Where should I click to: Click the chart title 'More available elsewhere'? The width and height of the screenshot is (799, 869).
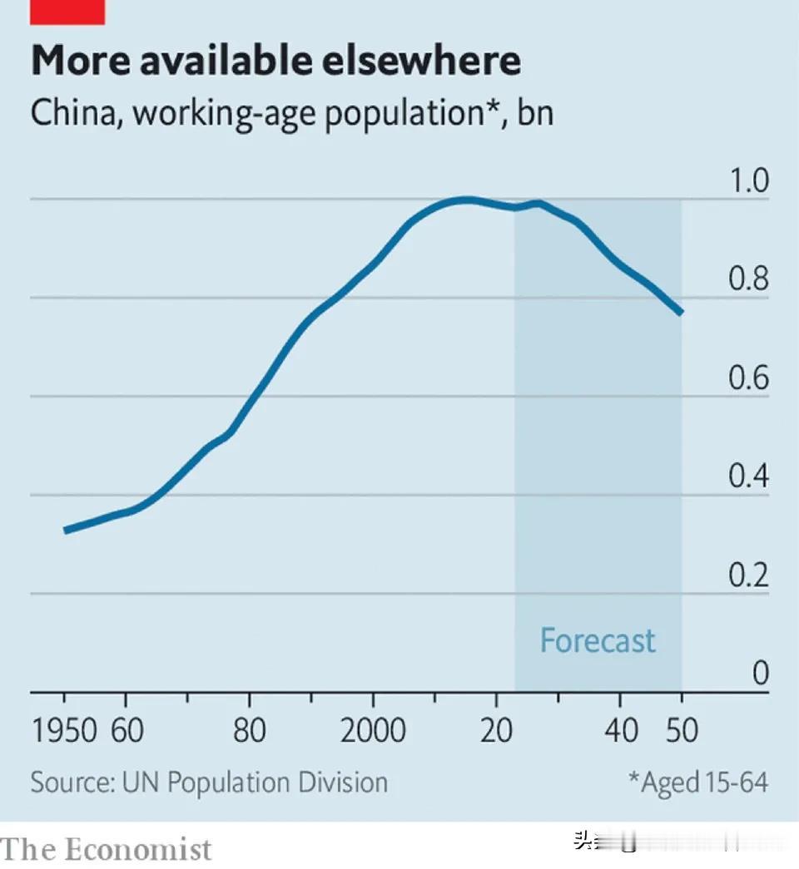[x=275, y=61]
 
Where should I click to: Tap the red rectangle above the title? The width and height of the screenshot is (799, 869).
[x=67, y=12]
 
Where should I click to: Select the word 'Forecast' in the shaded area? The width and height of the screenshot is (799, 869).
[x=598, y=641]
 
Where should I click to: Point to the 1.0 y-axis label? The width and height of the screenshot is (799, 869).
[x=749, y=182]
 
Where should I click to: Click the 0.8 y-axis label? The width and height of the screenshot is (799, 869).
[x=749, y=280]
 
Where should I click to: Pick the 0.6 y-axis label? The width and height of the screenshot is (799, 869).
[x=749, y=379]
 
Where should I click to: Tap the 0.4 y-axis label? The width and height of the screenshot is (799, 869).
[x=749, y=477]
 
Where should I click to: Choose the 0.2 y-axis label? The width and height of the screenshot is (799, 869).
[x=749, y=575]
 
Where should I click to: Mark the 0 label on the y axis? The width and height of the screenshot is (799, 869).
[x=760, y=674]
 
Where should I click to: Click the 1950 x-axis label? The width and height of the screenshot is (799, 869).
[x=64, y=731]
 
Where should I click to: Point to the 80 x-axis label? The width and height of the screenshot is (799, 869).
[x=249, y=731]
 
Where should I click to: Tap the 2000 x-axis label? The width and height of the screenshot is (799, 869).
[x=372, y=731]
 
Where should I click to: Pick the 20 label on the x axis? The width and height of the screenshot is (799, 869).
[x=496, y=731]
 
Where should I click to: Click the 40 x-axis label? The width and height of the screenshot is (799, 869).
[x=620, y=731]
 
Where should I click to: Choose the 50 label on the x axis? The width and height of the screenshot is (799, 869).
[x=681, y=731]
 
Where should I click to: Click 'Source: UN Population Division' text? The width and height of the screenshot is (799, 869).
[x=209, y=783]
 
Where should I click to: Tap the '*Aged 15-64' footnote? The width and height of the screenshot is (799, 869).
[x=697, y=783]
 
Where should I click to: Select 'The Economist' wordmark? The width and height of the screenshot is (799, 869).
[x=107, y=850]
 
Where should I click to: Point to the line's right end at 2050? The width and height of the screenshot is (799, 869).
[x=681, y=313]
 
